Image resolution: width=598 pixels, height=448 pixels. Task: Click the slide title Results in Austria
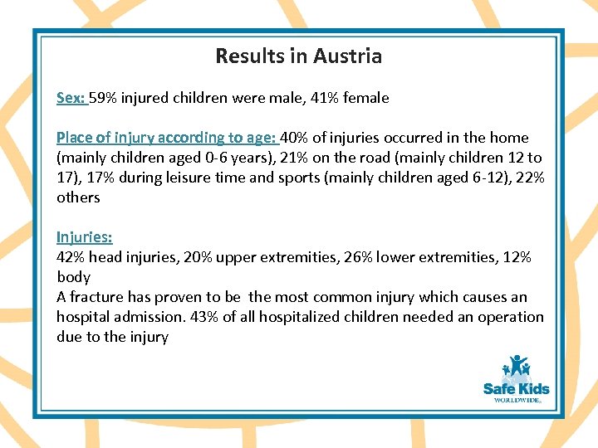pos(298,56)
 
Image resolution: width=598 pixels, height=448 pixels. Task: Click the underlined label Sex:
pos(71,98)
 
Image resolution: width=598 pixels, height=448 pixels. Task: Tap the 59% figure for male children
pos(102,98)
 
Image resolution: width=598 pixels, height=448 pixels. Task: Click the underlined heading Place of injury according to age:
pos(167,138)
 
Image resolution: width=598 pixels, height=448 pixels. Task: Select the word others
pos(78,197)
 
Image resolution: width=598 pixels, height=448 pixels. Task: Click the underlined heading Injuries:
pos(84,237)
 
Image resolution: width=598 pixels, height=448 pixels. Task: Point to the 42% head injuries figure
pos(71,257)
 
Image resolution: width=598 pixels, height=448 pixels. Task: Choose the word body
pos(73,277)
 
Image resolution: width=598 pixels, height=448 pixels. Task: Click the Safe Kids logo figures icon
pos(517,366)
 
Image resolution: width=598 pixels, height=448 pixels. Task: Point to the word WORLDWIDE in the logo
pos(517,399)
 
